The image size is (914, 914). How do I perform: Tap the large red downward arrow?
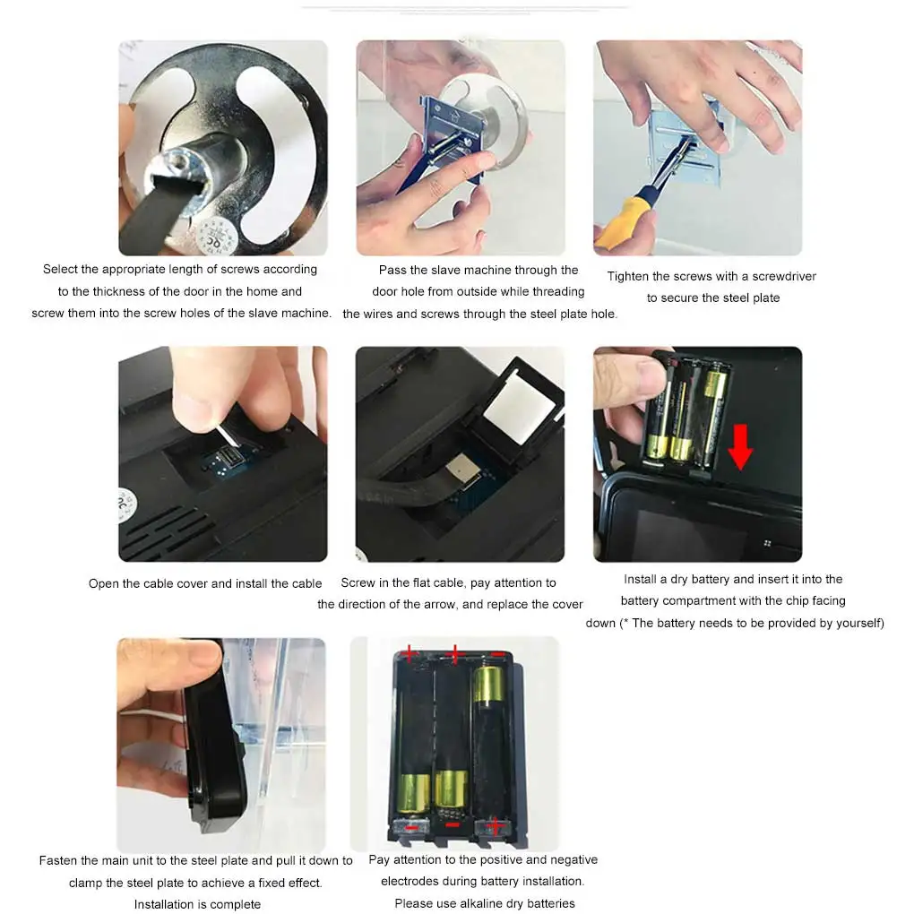point(740,446)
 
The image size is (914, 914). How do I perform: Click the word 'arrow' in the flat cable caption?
point(441,605)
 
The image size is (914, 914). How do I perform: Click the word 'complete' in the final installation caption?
point(235,905)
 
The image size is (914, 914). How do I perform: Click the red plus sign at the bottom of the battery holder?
point(495,826)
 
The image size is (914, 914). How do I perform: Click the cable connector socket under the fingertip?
point(228,454)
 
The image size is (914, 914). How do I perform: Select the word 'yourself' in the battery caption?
point(860,623)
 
